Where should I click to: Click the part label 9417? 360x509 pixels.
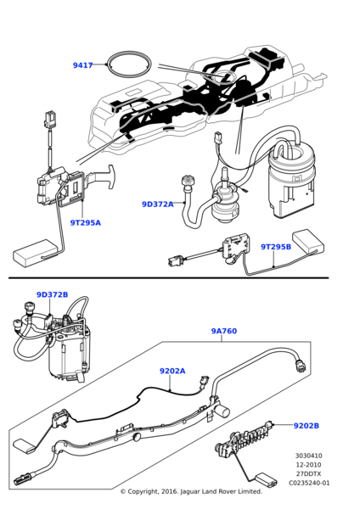pos(83,65)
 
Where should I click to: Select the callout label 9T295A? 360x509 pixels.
pos(86,222)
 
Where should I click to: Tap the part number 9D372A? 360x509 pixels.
pos(158,204)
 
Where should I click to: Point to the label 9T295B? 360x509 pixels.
pos(276,247)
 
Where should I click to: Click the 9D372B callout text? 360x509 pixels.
pos(53,294)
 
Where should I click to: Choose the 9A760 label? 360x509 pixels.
pos(224,331)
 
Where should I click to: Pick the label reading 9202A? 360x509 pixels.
pos(172,371)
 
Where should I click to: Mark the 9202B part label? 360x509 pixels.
pos(307,426)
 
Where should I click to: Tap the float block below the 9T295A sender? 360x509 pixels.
pos(35,253)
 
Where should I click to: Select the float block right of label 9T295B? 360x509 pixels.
pos(308,241)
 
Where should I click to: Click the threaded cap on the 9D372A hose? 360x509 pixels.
pos(187,181)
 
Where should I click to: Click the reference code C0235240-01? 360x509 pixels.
pos(309,483)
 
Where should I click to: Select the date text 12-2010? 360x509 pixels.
pos(309,465)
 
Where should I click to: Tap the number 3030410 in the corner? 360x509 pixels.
pos(309,456)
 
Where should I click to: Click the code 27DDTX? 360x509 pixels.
pos(309,473)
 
